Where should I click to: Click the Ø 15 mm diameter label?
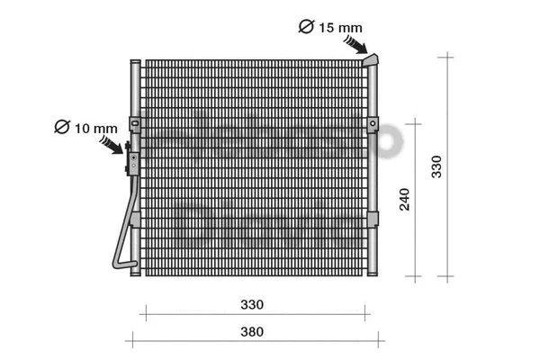330,27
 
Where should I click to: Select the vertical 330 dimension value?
436,166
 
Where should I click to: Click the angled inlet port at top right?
371,59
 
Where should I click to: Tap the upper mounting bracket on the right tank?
371,123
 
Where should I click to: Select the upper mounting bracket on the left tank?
134,123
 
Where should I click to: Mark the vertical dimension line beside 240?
414,198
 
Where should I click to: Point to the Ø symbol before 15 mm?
305,27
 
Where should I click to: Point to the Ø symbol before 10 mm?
61,127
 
